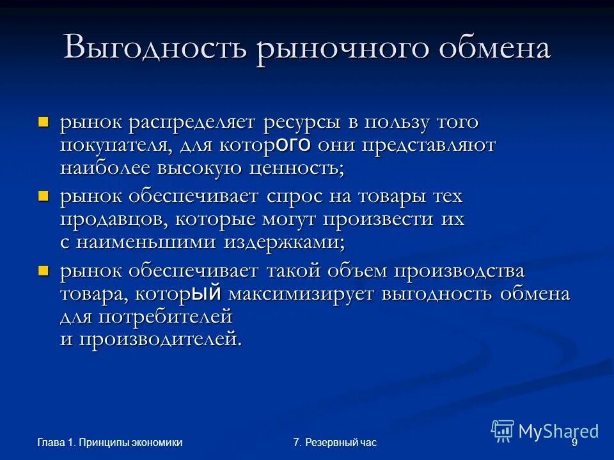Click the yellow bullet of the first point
coord(43,121)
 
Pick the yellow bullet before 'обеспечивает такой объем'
coord(43,271)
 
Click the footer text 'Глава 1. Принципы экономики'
coord(109,443)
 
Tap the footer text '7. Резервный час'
coord(335,443)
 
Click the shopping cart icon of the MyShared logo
coord(503,431)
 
